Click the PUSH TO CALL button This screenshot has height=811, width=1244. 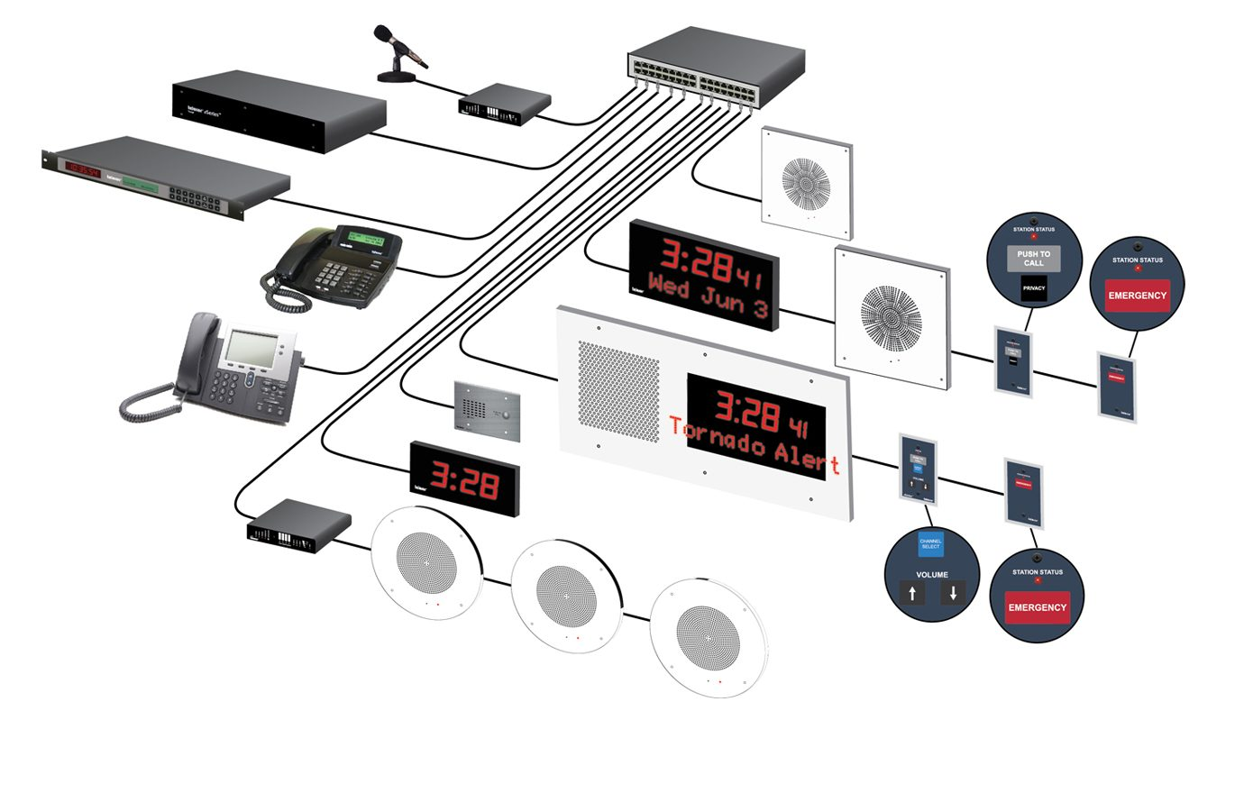[1033, 259]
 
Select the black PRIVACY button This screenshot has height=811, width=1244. [1034, 288]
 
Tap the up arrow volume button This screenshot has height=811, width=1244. [912, 593]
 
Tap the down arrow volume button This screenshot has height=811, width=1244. [953, 593]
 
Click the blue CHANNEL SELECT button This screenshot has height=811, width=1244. [930, 544]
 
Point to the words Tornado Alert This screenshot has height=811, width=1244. [755, 447]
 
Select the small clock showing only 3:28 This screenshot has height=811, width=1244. [464, 478]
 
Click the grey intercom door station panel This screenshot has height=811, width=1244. [487, 411]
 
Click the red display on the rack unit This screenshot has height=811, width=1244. [81, 169]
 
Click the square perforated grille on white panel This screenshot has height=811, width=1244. [618, 390]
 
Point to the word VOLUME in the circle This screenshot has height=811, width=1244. [932, 574]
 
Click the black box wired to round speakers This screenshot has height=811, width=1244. [298, 525]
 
